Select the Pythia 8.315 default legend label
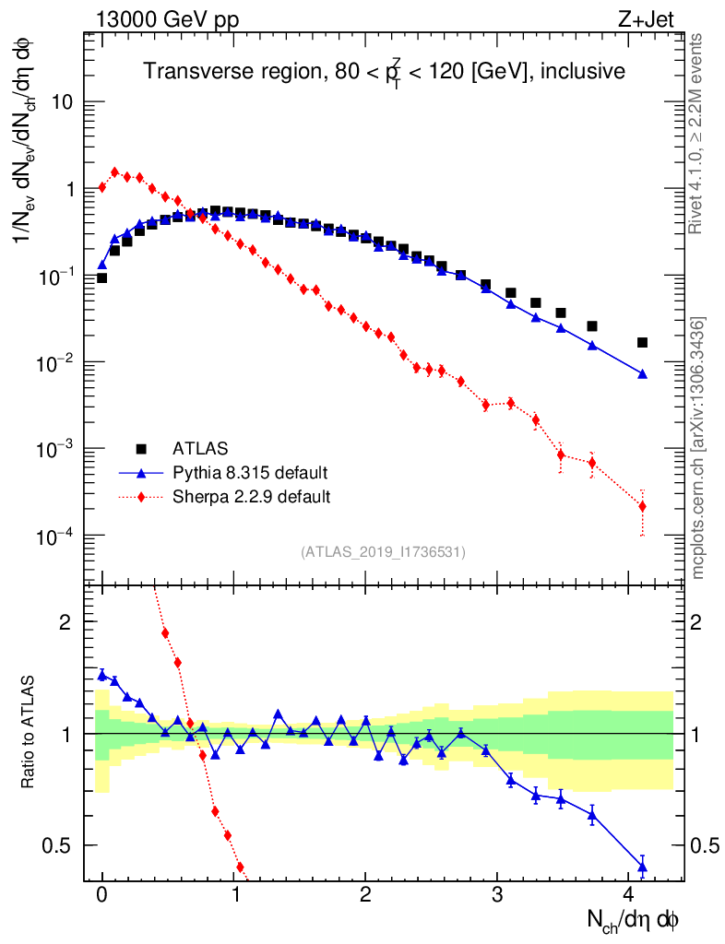click(x=249, y=473)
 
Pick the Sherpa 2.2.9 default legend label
click(x=251, y=497)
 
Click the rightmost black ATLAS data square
click(x=642, y=343)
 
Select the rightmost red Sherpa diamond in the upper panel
click(x=642, y=506)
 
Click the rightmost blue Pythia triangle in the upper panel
click(x=642, y=374)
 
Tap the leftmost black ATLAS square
click(x=101, y=277)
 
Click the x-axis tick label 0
click(x=101, y=894)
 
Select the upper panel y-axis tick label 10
click(x=61, y=102)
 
